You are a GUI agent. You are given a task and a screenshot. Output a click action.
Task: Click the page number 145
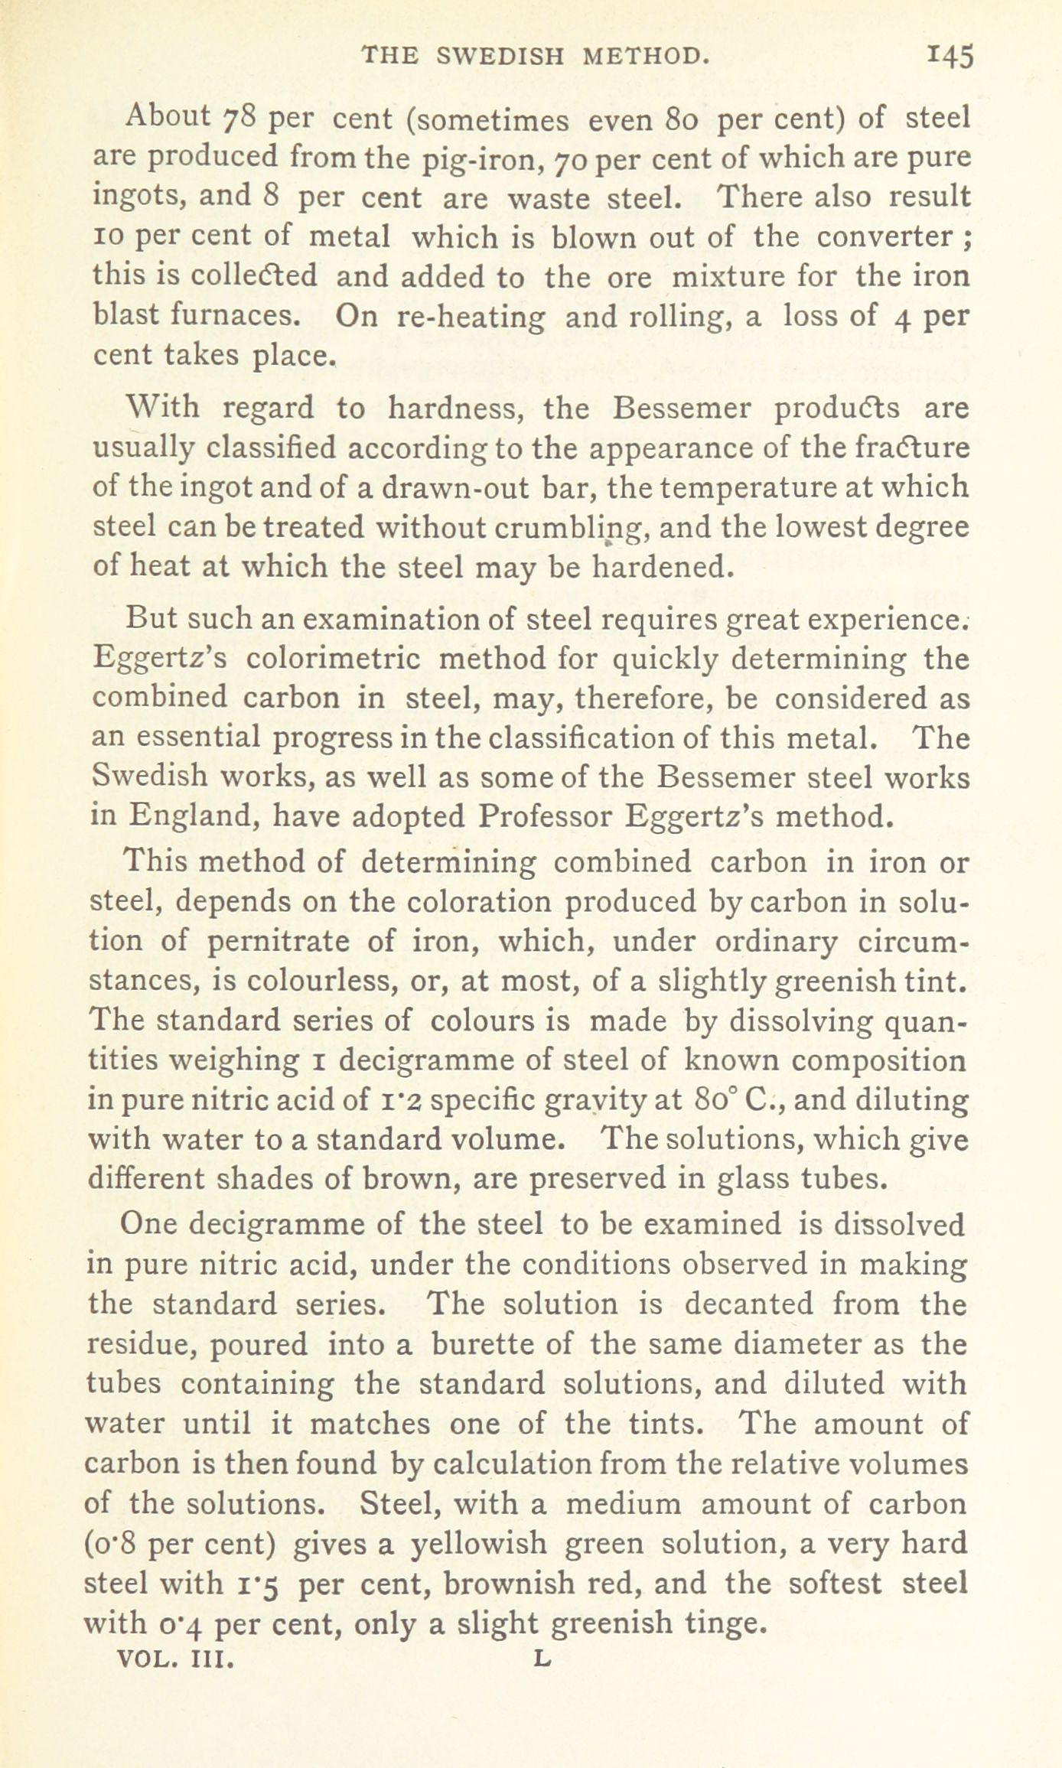[950, 57]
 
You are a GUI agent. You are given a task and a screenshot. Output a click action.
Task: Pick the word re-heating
[472, 317]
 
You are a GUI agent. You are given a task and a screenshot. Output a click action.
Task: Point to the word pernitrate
[278, 941]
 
